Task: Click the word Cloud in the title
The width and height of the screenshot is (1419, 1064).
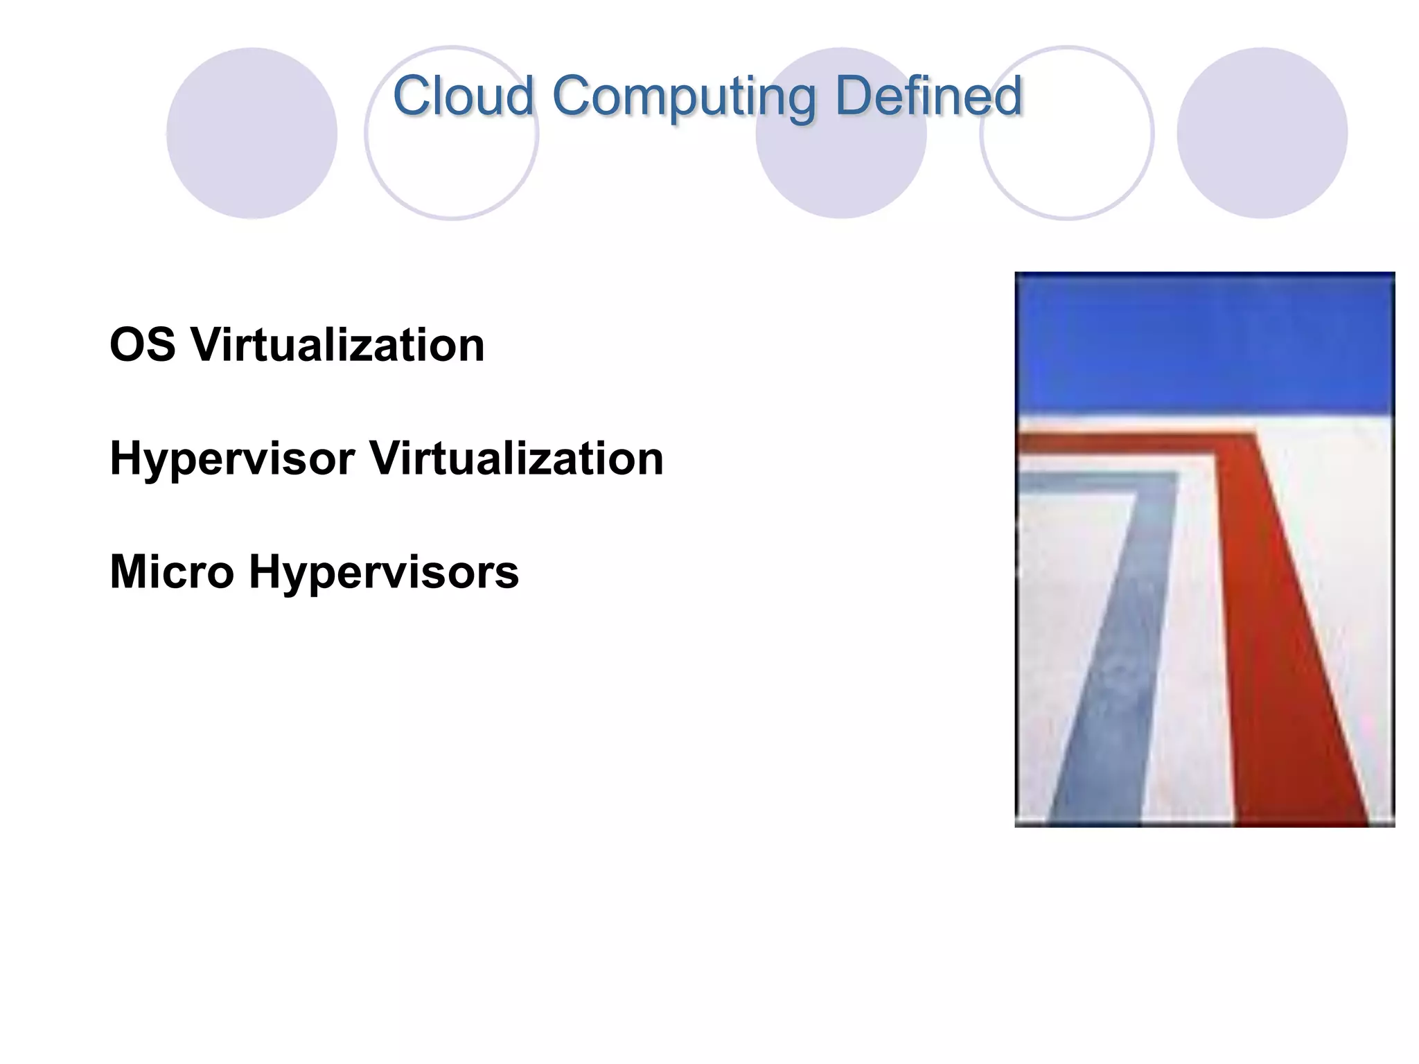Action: pos(463,96)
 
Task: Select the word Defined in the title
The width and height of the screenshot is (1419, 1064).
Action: pos(928,96)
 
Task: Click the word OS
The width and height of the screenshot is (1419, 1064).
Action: pos(143,345)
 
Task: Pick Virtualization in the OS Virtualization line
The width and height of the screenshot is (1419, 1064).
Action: pos(337,345)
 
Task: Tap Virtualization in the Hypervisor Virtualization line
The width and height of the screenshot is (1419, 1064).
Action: pos(516,459)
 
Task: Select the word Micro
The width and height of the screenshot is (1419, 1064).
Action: pos(172,572)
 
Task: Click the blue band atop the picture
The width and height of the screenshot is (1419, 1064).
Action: pos(1204,343)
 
